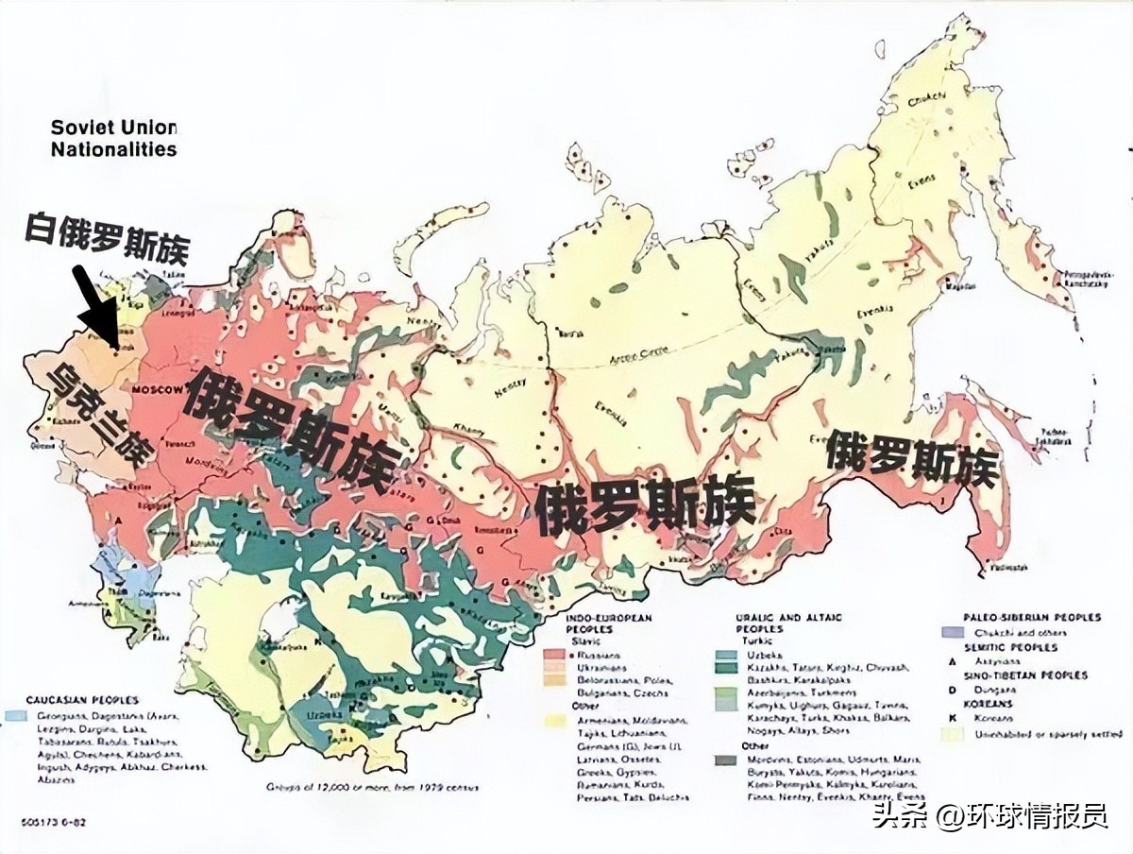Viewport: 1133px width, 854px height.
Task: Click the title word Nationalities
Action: click(113, 149)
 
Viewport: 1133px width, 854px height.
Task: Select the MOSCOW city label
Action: click(158, 390)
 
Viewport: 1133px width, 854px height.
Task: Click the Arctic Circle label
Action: click(640, 352)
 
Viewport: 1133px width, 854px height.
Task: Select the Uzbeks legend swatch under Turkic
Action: click(726, 654)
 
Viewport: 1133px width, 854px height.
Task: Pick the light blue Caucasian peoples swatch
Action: click(14, 715)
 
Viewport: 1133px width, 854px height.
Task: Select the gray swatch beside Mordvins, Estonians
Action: click(726, 760)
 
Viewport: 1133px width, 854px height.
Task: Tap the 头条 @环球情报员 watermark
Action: click(989, 814)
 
